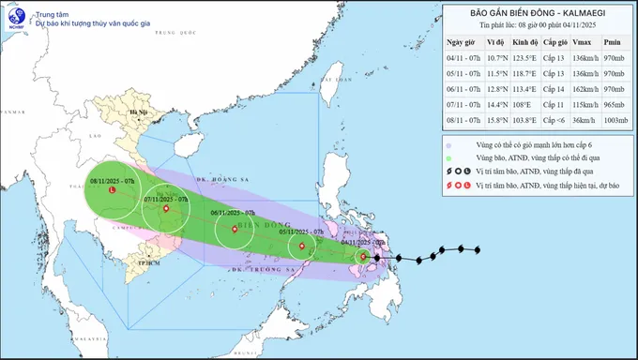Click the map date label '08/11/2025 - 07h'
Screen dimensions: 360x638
click(113, 180)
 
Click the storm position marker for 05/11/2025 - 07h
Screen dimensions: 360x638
click(302, 247)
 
